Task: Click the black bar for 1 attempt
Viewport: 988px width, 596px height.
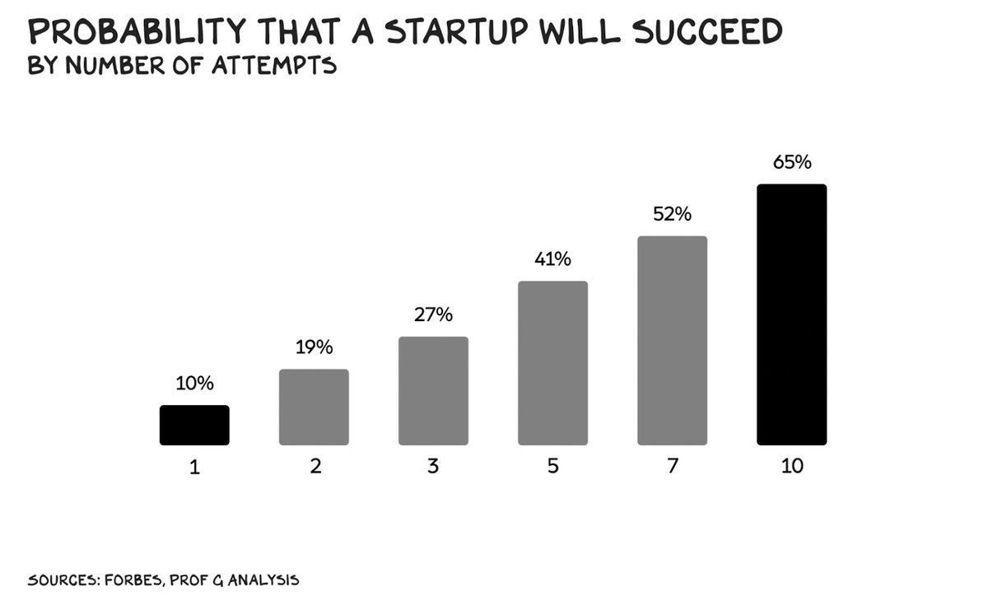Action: (194, 425)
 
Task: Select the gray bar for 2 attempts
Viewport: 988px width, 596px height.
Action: (314, 407)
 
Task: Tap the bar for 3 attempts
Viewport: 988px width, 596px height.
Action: (433, 390)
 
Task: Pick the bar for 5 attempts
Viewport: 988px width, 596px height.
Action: (552, 362)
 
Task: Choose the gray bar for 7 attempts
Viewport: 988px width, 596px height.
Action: (672, 340)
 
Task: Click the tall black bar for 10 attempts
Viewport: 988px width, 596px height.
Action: (791, 314)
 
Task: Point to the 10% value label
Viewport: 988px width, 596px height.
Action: (194, 383)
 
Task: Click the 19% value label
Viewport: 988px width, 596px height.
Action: (314, 347)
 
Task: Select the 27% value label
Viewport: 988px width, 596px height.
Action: (433, 315)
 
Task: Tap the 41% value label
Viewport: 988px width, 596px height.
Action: (552, 259)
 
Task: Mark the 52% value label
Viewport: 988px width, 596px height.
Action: (672, 214)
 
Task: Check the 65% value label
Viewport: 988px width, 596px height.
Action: (791, 162)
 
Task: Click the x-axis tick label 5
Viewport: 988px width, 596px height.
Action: (552, 466)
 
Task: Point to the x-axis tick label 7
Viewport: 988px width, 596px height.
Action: (672, 466)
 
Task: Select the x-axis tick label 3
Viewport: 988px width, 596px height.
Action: (433, 466)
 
